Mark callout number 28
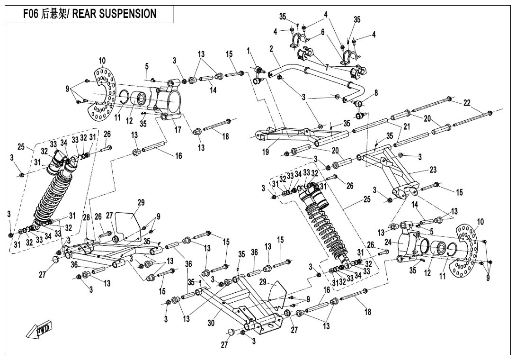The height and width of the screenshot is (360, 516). click(x=87, y=217)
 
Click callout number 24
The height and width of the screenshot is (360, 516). click(x=388, y=242)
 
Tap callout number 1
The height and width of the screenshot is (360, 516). click(x=248, y=50)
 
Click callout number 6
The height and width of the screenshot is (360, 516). click(x=322, y=32)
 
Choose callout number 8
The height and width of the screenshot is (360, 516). click(x=376, y=93)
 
